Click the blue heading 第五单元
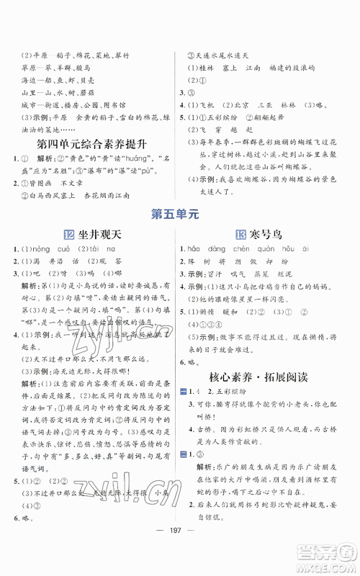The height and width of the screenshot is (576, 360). (179, 213)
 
